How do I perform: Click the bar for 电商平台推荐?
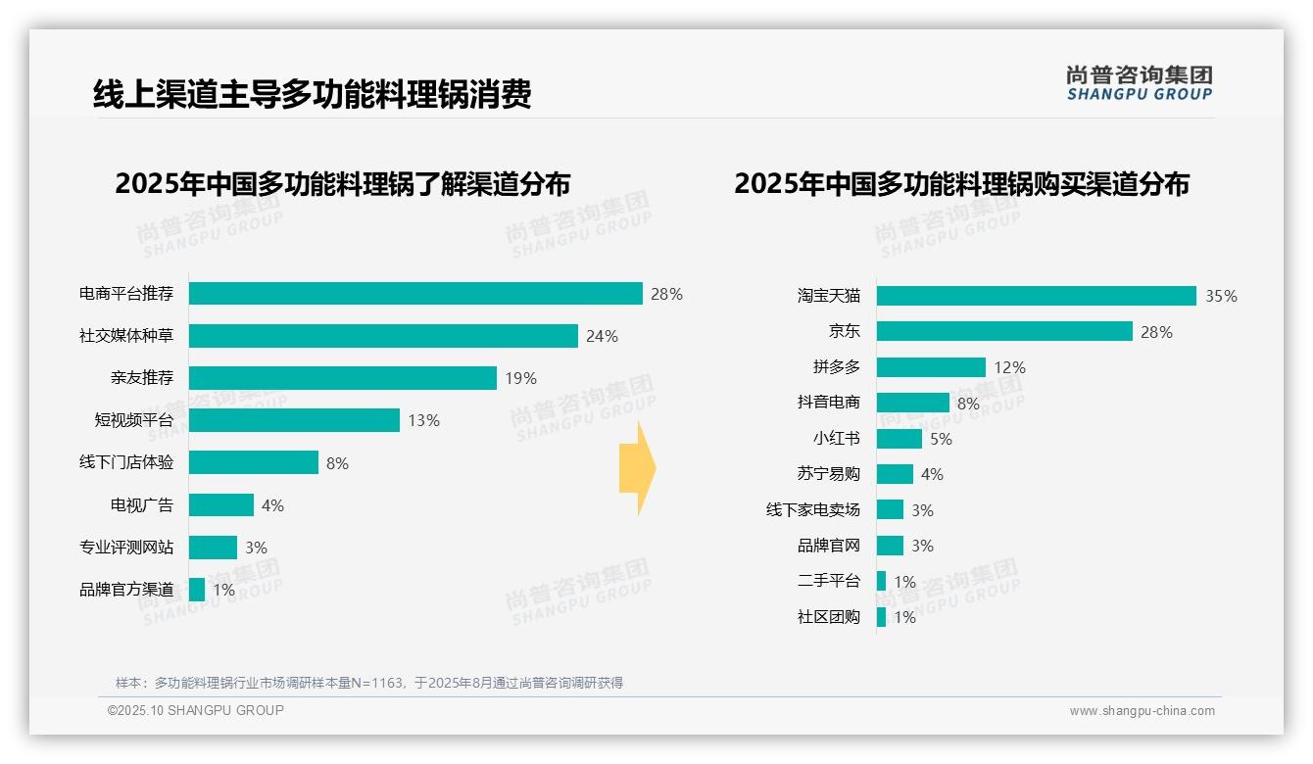click(x=415, y=294)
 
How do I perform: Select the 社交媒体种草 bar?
click(x=383, y=336)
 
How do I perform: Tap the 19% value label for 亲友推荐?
click(x=521, y=378)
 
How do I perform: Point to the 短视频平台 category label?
click(x=133, y=420)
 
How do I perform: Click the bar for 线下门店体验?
click(x=254, y=462)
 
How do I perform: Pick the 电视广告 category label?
click(x=141, y=505)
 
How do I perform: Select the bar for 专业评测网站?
click(x=213, y=548)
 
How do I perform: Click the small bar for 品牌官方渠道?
click(x=197, y=590)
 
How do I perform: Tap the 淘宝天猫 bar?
click(x=1036, y=296)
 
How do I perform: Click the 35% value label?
click(x=1221, y=297)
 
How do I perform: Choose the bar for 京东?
click(x=1004, y=332)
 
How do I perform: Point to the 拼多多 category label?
click(x=836, y=367)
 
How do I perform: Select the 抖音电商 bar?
click(x=912, y=403)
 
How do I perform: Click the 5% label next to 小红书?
click(x=941, y=439)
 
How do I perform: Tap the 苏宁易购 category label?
click(x=828, y=474)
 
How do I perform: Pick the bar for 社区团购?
click(x=881, y=617)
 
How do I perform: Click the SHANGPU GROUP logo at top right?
click(x=1139, y=83)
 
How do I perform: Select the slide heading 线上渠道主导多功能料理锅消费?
click(x=313, y=95)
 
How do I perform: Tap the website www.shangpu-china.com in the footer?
click(x=1142, y=711)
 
